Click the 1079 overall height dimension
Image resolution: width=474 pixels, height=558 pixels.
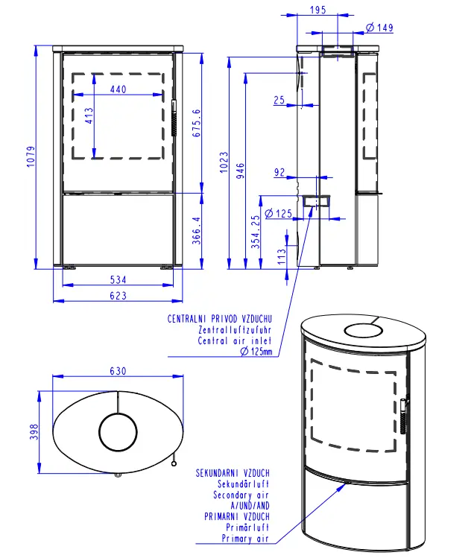[x=31, y=156]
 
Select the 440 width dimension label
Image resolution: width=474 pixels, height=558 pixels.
[x=118, y=89]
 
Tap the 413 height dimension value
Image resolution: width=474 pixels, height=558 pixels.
[x=89, y=115]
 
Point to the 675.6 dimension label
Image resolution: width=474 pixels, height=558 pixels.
[x=197, y=123]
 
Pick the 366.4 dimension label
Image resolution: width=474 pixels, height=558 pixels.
[x=197, y=231]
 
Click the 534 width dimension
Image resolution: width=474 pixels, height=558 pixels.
[x=118, y=279]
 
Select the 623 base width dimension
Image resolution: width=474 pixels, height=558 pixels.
[x=118, y=296]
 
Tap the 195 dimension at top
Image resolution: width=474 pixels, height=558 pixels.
[x=317, y=10]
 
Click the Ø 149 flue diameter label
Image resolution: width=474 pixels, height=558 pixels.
[x=379, y=28]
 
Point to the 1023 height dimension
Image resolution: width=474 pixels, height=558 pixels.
[x=224, y=162]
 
